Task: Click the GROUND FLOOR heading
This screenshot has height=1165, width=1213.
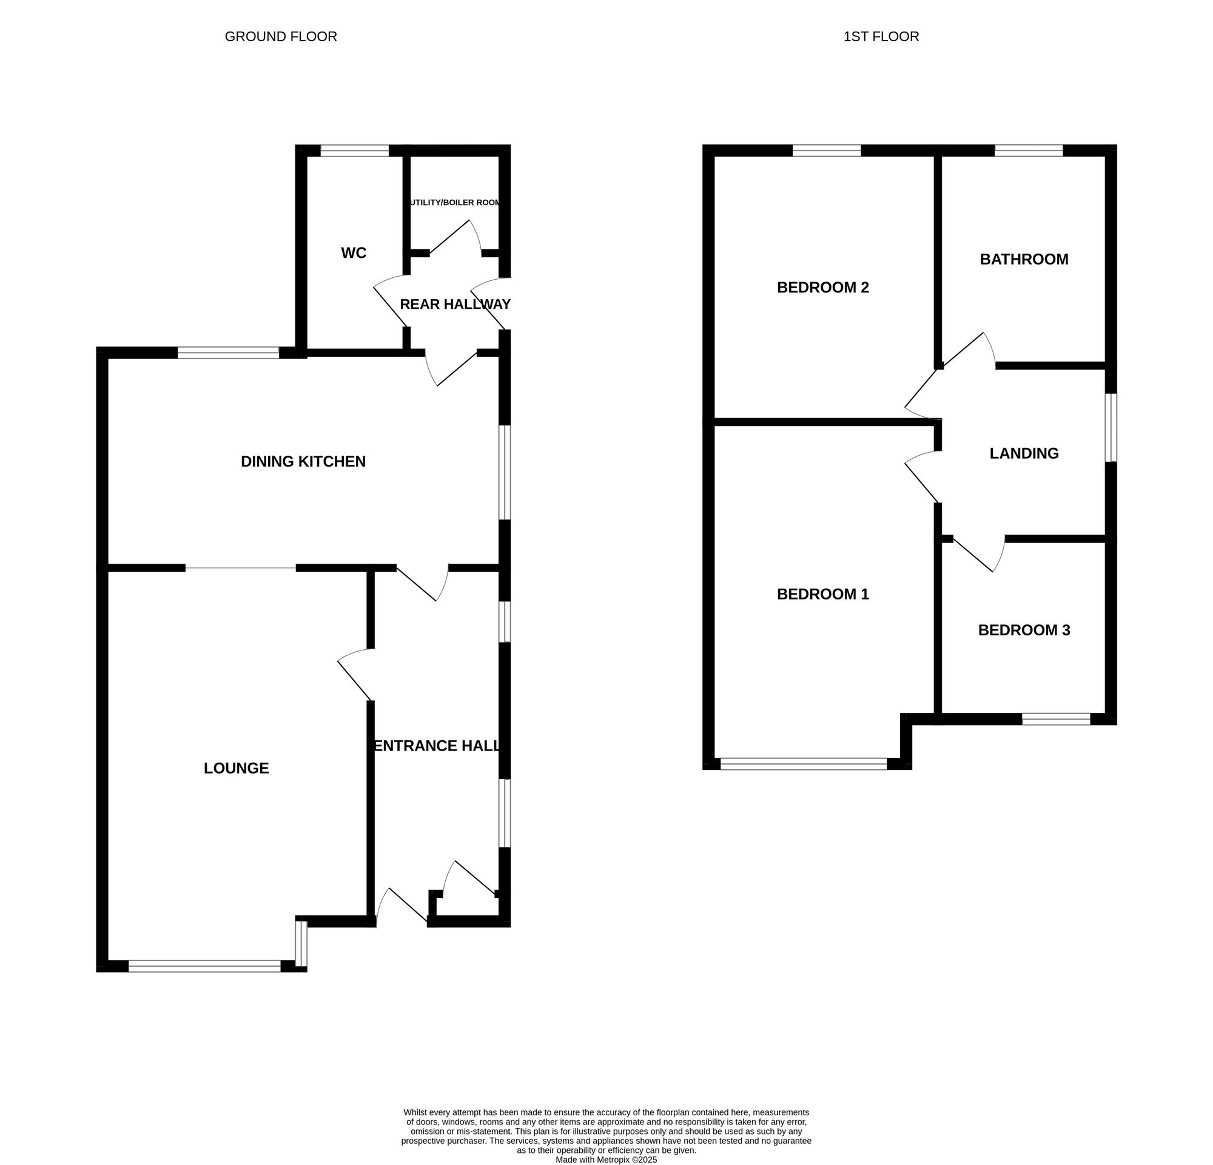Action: pos(280,36)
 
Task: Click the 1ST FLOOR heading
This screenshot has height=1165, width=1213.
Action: pos(881,36)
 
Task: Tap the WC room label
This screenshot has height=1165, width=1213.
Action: pos(354,252)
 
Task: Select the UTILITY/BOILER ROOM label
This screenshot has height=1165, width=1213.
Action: pos(455,203)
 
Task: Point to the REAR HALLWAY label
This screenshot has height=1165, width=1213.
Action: pos(455,304)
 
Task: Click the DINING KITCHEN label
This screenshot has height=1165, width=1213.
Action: pos(303,461)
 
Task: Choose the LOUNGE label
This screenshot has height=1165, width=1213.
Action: pos(236,768)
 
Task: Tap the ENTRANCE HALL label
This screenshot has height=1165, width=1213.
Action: pos(437,745)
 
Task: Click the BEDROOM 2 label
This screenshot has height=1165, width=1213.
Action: pos(822,287)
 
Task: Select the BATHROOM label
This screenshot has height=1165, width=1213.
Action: pos(1024,258)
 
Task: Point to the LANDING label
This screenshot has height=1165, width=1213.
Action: pos(1024,453)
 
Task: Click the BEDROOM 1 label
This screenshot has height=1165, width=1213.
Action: pos(822,593)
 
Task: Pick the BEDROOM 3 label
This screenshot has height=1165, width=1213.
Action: pos(1024,630)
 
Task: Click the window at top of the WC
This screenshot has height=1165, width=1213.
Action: pos(354,150)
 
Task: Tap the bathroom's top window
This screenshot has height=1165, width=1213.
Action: pos(1028,150)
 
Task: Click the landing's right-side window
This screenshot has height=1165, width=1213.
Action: pos(1111,427)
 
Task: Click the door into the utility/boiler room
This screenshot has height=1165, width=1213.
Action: pos(455,237)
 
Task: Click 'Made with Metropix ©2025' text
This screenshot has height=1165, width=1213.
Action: pos(606,1160)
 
